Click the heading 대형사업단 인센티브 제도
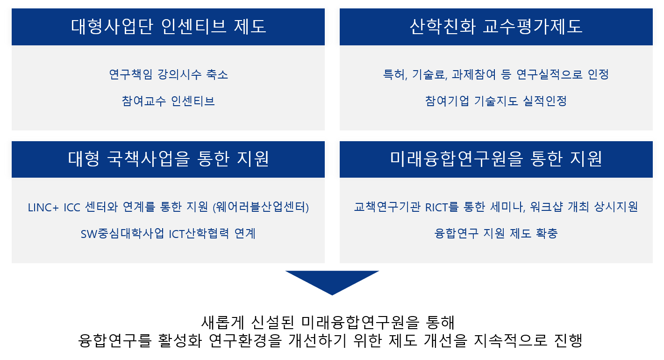click(x=168, y=26)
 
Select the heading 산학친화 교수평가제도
click(x=496, y=26)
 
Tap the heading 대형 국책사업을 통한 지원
click(x=168, y=158)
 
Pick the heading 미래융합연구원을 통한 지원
click(x=496, y=158)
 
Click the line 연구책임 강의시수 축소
click(x=168, y=74)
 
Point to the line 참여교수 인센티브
click(x=168, y=101)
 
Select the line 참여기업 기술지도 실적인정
click(x=496, y=101)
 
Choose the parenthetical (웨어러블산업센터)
click(x=261, y=207)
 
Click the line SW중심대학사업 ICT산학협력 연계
click(x=168, y=234)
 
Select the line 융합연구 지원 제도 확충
click(x=496, y=234)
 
